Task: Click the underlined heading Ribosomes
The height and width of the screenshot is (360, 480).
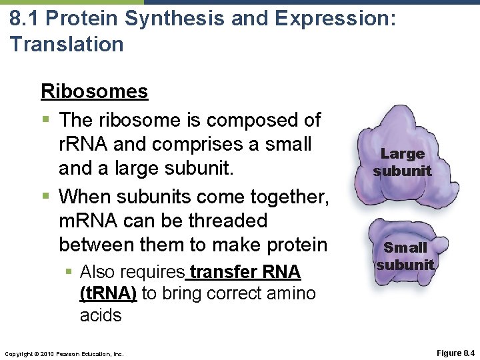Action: pyautogui.click(x=94, y=91)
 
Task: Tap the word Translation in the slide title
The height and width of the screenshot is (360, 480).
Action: pyautogui.click(x=67, y=45)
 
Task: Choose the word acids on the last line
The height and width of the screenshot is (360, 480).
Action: pyautogui.click(x=101, y=315)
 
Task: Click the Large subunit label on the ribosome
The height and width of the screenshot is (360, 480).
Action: pyautogui.click(x=402, y=162)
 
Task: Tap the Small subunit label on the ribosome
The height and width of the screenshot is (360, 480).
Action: pyautogui.click(x=405, y=256)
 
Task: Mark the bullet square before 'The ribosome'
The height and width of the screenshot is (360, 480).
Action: pyautogui.click(x=45, y=121)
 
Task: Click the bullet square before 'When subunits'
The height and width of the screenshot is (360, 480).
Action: pyautogui.click(x=45, y=196)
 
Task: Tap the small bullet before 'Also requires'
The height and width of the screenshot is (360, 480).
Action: pyautogui.click(x=69, y=273)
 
